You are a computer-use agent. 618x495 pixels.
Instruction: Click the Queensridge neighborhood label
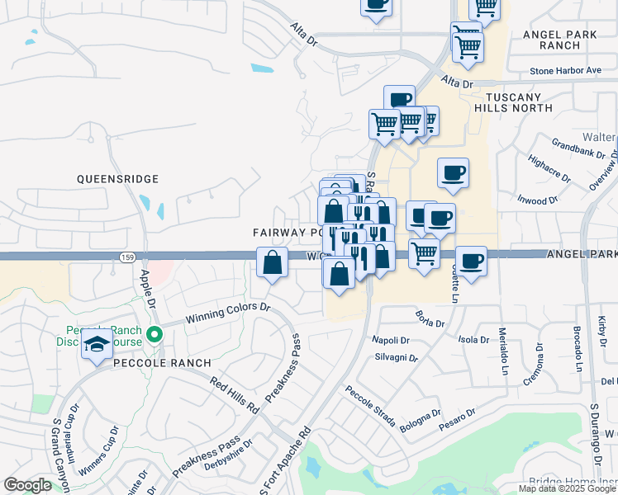point(116,178)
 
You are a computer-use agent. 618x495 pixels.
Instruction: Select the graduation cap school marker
point(97,344)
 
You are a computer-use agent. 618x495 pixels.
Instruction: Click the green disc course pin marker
point(154,335)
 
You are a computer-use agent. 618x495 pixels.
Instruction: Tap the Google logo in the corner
point(27,485)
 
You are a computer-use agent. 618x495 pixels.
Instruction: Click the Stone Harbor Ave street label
point(565,71)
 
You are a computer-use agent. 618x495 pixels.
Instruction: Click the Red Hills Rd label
point(235,395)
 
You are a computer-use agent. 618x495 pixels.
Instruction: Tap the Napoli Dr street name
point(391,340)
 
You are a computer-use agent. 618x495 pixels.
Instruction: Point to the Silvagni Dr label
point(397,359)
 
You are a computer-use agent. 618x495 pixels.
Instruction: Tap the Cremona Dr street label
point(532,371)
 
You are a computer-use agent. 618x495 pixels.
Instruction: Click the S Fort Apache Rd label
point(284,462)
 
